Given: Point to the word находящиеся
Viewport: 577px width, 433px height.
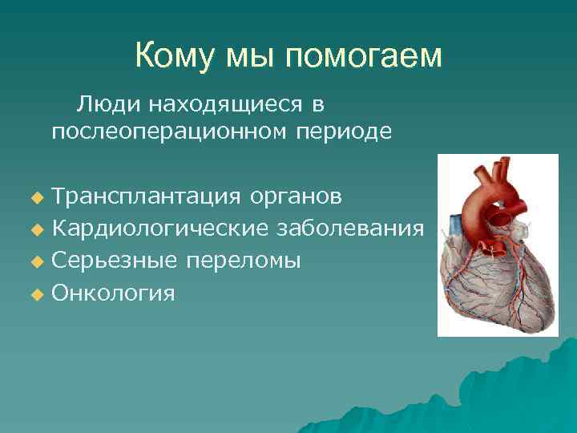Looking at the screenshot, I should (x=221, y=104).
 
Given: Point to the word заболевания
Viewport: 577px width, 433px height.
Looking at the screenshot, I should (x=350, y=229).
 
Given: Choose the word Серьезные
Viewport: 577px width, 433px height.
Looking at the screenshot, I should (x=114, y=261).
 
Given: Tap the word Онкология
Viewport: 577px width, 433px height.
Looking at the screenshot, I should (x=113, y=293).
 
